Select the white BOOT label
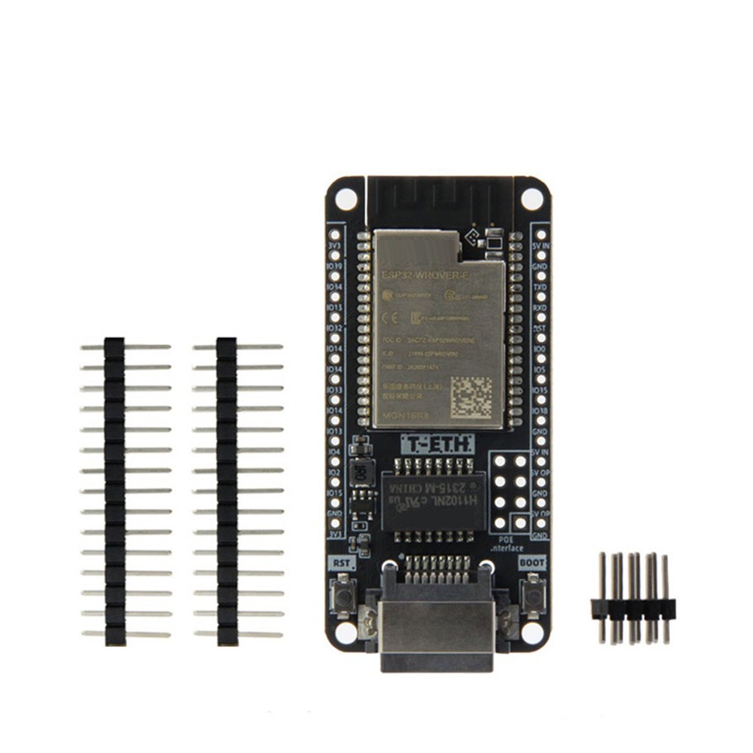tap(532, 562)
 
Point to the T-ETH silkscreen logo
tap(437, 444)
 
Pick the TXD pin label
tap(539, 288)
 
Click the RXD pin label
tap(539, 308)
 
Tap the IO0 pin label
tap(539, 349)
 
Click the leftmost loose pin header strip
tap(115, 491)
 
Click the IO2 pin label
tap(334, 472)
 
